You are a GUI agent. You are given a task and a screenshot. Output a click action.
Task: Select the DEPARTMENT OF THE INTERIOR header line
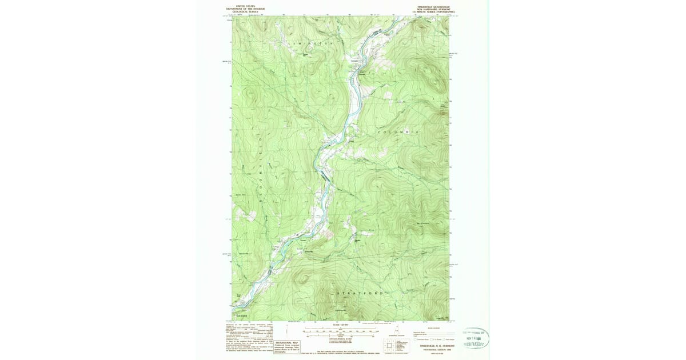click(245, 9)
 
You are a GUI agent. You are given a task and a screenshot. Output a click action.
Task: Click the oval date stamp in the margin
click(476, 338)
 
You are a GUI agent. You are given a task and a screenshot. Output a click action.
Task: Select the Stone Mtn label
click(238, 195)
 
